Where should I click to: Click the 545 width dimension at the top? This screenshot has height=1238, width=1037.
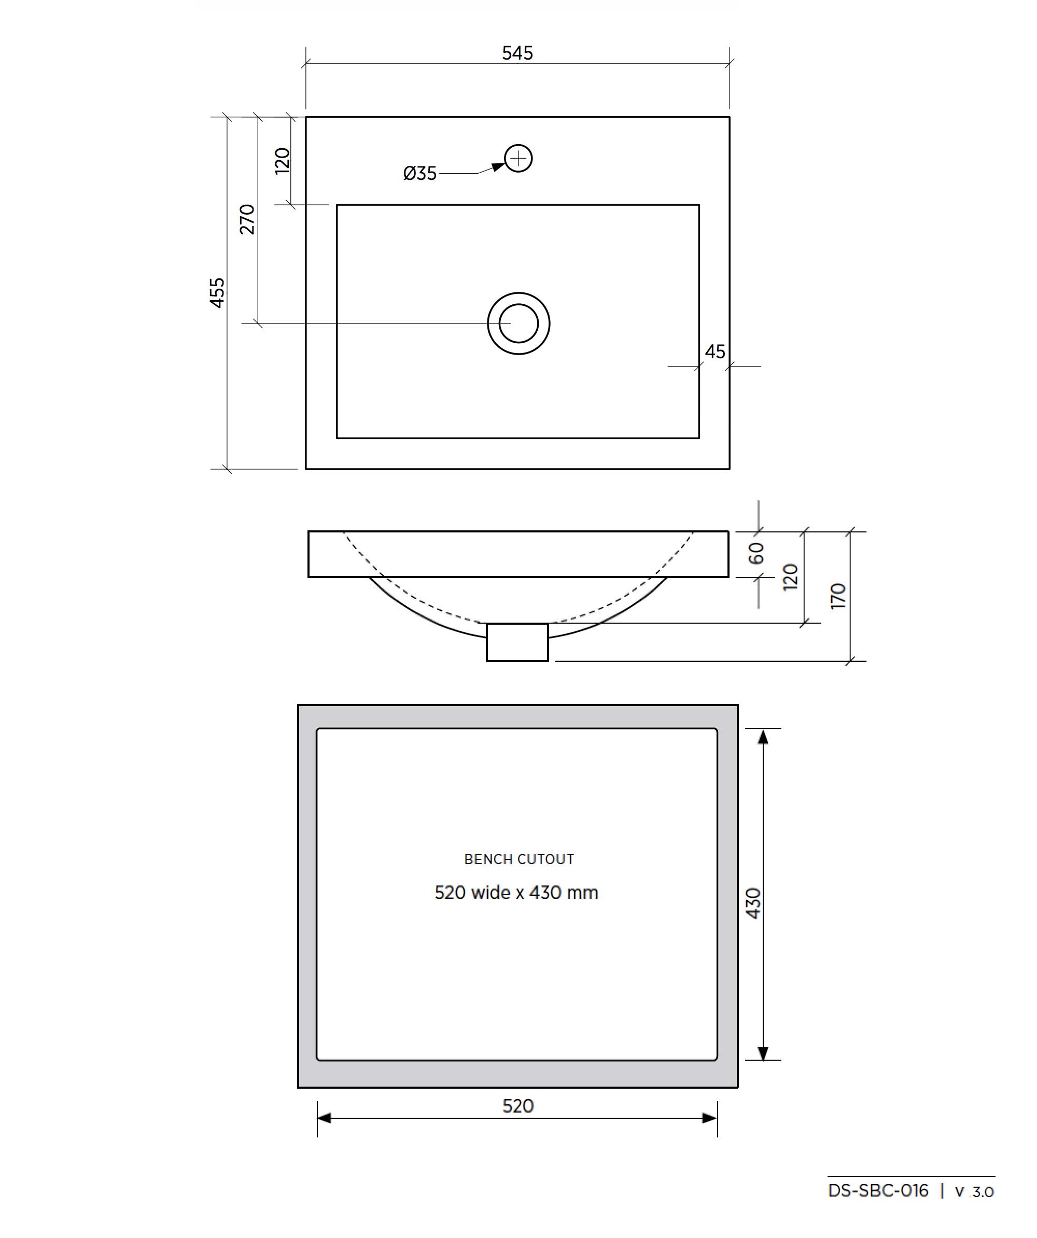[x=517, y=53]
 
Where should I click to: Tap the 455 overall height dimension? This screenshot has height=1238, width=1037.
[x=217, y=292]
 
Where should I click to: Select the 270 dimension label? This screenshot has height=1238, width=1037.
[x=247, y=219]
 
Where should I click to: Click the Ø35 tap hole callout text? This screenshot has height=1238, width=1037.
[x=420, y=173]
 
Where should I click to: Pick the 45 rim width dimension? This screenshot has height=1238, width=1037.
[x=715, y=352]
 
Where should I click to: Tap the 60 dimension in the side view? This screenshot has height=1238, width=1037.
[x=756, y=553]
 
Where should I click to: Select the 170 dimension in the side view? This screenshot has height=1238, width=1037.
[x=838, y=596]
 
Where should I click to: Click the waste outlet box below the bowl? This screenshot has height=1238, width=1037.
[x=517, y=642]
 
